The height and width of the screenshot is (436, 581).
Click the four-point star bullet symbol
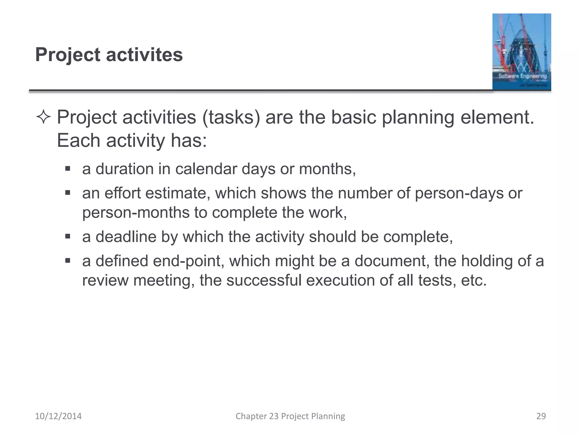[x=43, y=117]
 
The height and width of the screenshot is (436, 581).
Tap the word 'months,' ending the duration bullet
[x=327, y=169]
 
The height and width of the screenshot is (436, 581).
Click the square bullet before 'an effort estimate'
[x=68, y=193]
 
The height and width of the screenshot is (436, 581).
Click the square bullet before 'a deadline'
[x=68, y=236]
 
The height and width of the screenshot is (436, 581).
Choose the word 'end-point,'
[x=189, y=261]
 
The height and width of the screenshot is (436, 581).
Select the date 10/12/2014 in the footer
[x=58, y=416]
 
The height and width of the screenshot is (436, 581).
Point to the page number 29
[x=541, y=416]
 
